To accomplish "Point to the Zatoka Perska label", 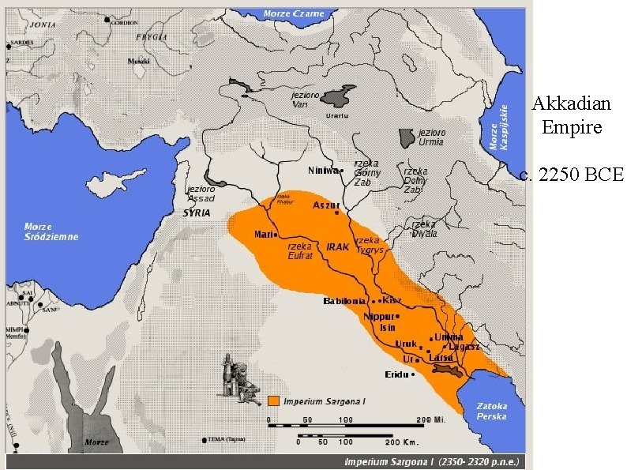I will [490, 411].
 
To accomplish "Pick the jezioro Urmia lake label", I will [430, 137].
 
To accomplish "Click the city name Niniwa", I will [322, 170].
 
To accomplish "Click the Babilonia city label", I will [344, 301].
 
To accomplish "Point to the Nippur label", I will [377, 316].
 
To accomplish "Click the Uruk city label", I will [405, 344].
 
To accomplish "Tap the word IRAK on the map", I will [337, 246].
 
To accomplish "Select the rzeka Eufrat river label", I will [300, 250].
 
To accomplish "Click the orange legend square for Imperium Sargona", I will [274, 400].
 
